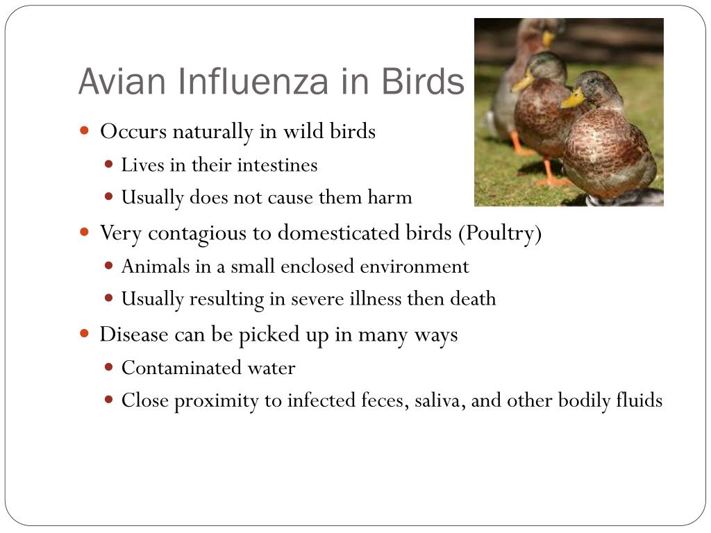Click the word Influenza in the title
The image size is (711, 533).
click(x=252, y=82)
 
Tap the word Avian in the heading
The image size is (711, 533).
click(x=122, y=82)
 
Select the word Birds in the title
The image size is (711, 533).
click(x=423, y=82)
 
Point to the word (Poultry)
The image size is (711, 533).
click(x=500, y=233)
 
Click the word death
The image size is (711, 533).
click(x=473, y=298)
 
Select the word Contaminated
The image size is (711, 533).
click(x=181, y=368)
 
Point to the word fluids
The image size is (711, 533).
click(x=639, y=400)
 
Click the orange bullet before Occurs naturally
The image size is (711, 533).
click(x=84, y=131)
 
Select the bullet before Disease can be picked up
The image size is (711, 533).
click(x=84, y=334)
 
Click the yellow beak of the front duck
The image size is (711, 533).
click(x=573, y=99)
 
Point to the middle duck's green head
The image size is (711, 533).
click(x=544, y=67)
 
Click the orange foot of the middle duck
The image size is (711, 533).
click(x=551, y=180)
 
